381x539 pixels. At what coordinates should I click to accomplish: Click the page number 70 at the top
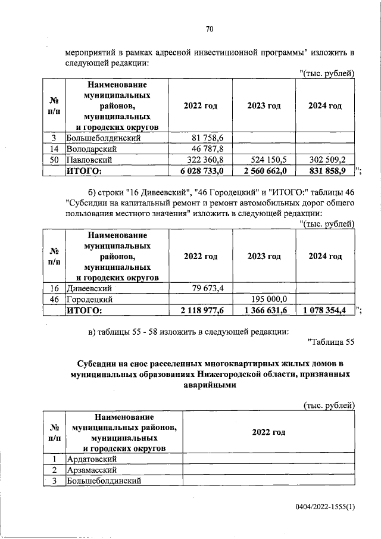[210, 29]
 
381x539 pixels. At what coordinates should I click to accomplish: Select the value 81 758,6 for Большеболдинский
[204, 138]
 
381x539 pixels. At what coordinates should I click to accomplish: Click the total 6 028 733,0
[201, 172]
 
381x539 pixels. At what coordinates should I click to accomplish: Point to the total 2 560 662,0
[265, 172]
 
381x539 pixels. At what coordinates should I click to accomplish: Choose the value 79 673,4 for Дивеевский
[204, 289]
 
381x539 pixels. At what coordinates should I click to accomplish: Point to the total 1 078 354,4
[326, 310]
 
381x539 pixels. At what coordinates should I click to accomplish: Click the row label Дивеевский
[90, 289]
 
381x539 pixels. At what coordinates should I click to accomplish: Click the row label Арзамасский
[92, 470]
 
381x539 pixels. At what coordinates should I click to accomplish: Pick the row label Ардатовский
[92, 459]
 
